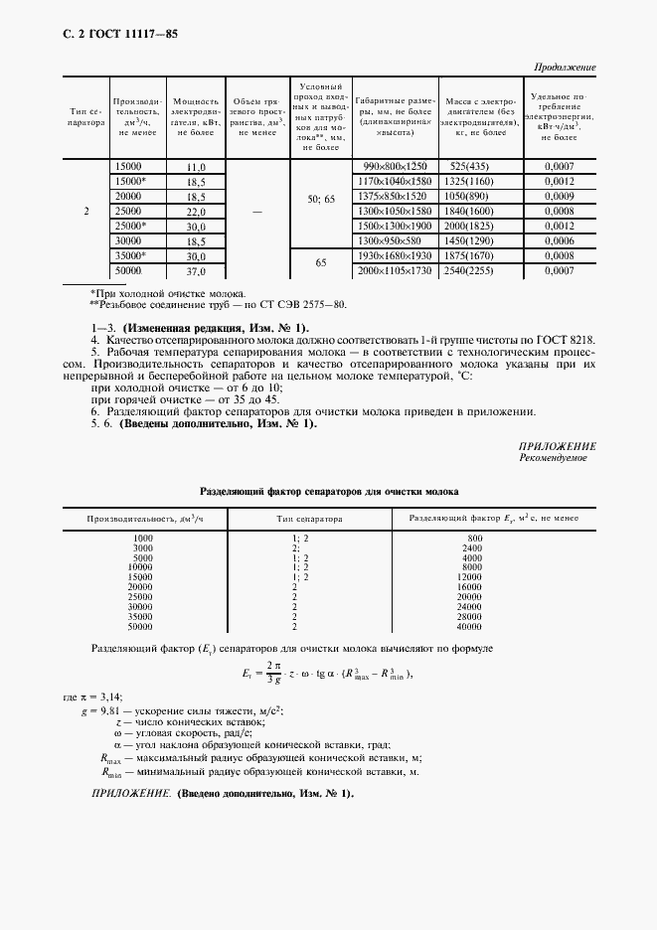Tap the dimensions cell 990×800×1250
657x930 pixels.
click(395, 166)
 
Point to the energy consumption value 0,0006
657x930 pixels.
click(560, 241)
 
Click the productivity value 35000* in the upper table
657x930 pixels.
click(131, 256)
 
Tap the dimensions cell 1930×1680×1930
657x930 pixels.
click(395, 256)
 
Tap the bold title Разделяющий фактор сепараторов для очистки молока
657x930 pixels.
click(329, 491)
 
